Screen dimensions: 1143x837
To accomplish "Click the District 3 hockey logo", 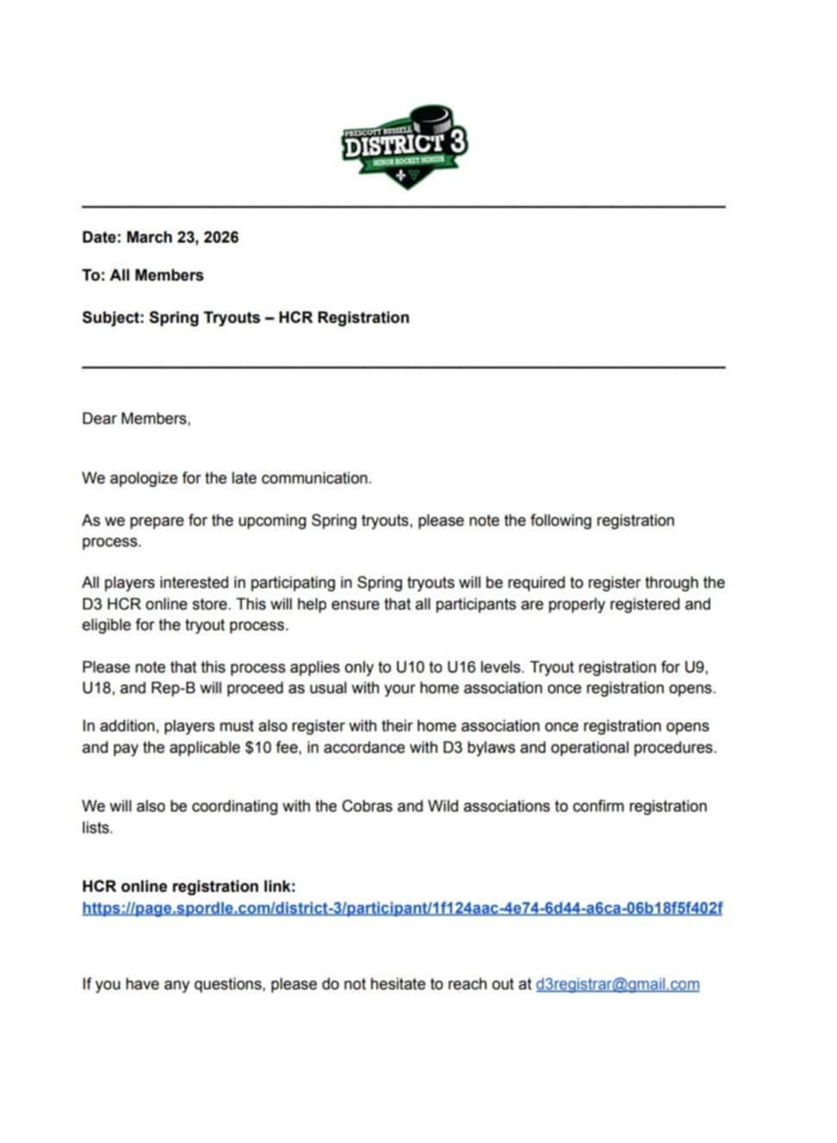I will point(404,148).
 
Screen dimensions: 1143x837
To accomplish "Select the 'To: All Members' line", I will point(142,275).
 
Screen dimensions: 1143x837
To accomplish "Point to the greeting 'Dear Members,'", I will point(136,419).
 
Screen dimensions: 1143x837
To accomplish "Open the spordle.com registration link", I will point(402,908).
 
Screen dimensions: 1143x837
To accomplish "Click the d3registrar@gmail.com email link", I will point(617,984).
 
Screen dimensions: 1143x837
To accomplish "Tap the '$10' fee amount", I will point(258,748).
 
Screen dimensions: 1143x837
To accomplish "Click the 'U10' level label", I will point(410,667).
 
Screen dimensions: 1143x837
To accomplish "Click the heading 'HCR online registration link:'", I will point(188,887).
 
